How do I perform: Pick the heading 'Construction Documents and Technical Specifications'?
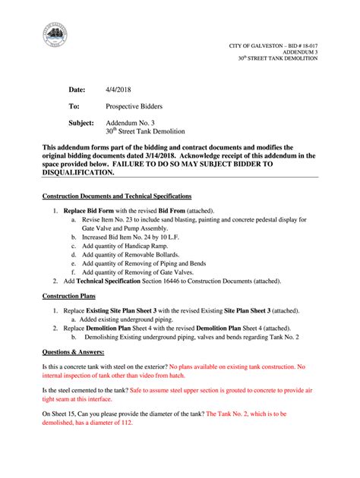(116, 197)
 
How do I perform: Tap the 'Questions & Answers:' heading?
(74, 353)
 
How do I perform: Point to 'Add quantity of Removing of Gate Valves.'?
(142, 272)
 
